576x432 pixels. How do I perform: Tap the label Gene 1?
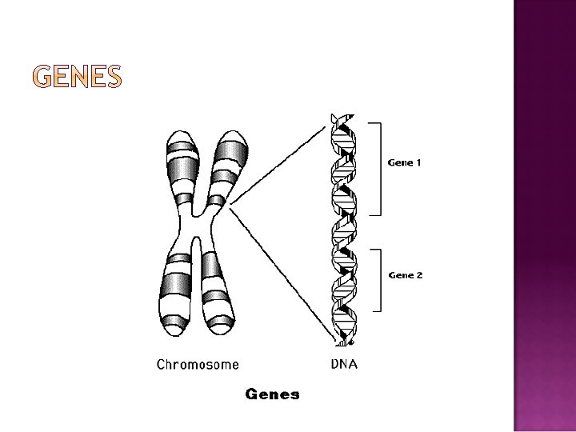(x=405, y=162)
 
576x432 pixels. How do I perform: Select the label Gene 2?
(x=405, y=275)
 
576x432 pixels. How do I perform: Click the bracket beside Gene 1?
(x=379, y=169)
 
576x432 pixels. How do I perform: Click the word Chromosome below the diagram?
(x=197, y=365)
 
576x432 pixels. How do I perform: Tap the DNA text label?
(x=344, y=365)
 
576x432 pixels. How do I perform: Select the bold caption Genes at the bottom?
(x=272, y=394)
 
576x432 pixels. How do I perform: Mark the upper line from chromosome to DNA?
(x=280, y=162)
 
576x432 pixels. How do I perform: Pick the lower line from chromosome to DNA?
(x=280, y=272)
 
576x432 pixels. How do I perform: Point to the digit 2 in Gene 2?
(x=418, y=275)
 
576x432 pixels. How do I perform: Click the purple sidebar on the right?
(x=544, y=216)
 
